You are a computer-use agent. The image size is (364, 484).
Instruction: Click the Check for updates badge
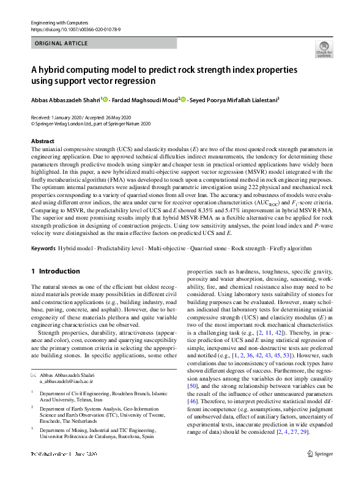[323, 49]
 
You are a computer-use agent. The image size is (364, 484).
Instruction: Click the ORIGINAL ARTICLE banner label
[61, 43]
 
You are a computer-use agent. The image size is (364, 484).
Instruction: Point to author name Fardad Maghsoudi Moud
[144, 99]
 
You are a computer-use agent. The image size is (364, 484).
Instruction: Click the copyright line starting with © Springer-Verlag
[90, 122]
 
